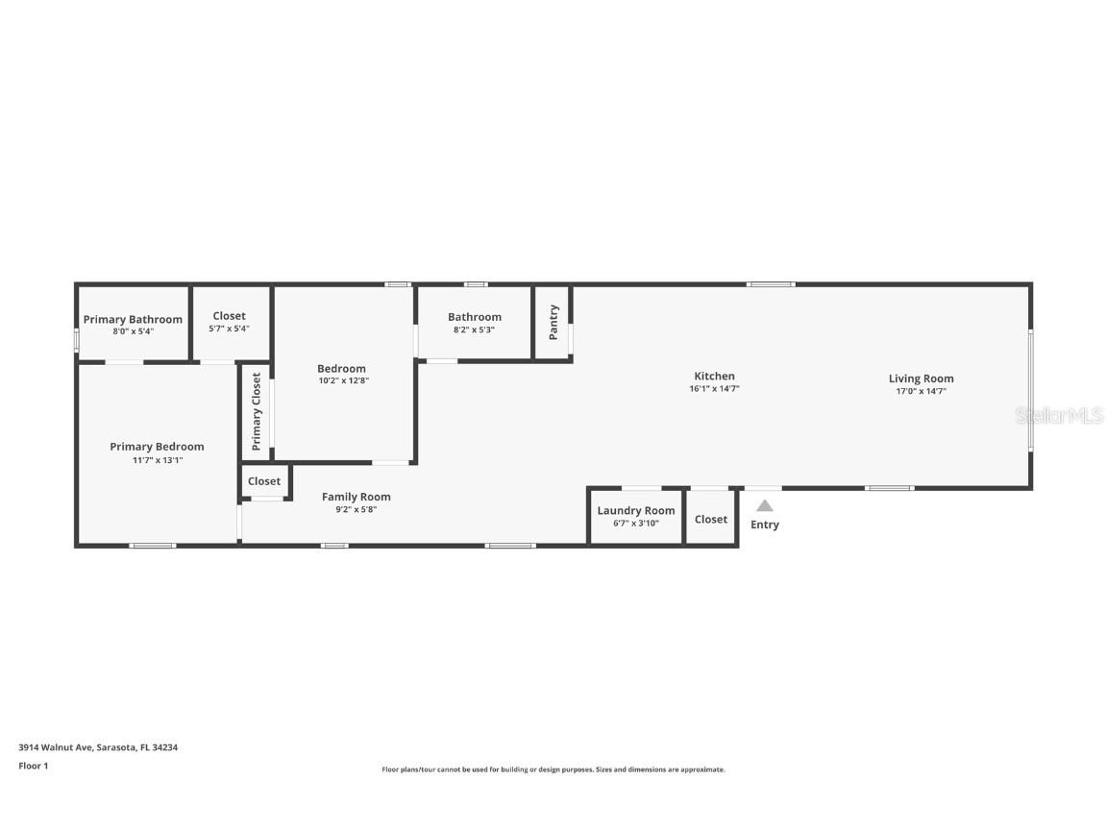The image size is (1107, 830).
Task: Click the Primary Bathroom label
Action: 133,320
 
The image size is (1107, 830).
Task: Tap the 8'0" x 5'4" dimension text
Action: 133,331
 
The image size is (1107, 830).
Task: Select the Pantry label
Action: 553,322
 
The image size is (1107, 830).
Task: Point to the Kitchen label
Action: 714,377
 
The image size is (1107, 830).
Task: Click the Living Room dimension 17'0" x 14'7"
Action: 921,391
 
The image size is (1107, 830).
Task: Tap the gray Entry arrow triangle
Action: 764,505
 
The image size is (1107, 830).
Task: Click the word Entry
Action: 765,525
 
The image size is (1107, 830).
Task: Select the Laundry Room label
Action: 636,511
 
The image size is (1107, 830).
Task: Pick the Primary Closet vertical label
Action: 257,412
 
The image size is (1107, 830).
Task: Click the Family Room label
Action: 356,497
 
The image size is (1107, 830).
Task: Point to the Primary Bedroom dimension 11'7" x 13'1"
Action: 157,460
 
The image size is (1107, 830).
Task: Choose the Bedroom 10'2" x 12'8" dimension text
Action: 342,380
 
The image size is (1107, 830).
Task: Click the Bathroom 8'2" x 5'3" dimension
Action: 475,330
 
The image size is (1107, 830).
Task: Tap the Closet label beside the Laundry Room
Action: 711,520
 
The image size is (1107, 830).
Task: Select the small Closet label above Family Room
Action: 264,481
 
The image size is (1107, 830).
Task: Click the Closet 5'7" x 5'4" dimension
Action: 229,329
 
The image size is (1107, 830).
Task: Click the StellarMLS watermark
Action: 1060,416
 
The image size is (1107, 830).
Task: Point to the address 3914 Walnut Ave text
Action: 98,747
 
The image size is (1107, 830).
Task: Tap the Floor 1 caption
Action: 33,766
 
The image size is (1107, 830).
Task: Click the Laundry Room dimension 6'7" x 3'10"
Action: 636,524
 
